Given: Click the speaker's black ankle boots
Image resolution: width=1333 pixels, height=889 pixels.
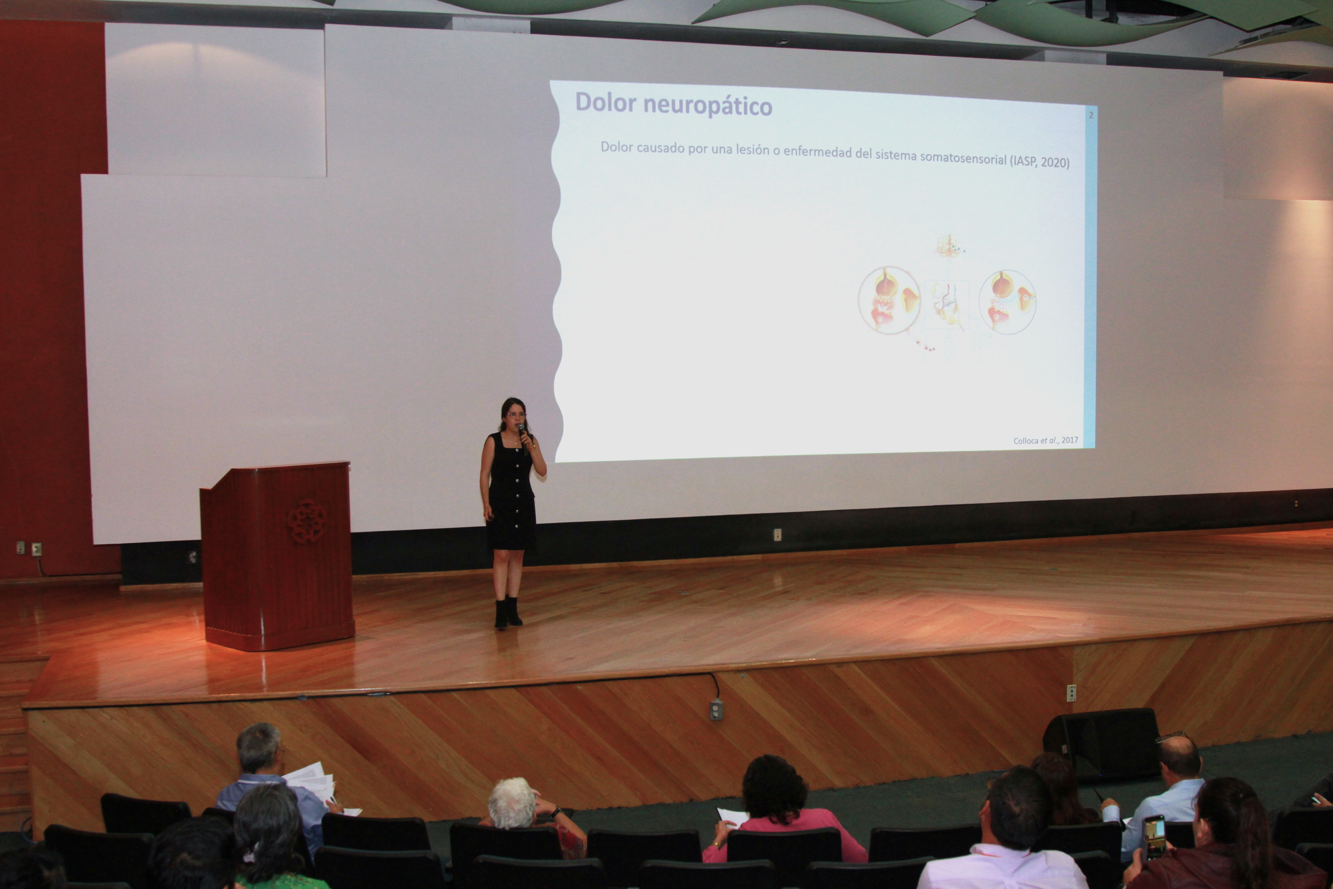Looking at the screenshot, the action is pos(508,612).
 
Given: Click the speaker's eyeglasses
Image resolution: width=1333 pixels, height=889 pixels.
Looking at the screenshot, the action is pos(516,415).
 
